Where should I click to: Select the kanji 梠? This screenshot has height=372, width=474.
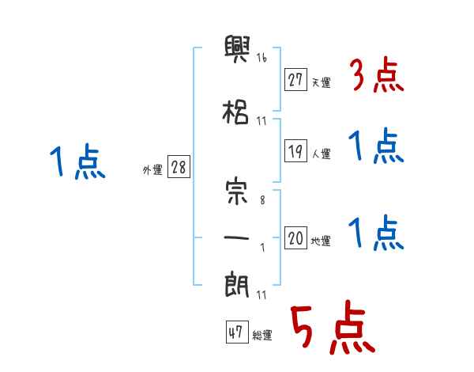click(x=237, y=112)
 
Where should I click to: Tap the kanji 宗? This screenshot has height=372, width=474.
click(x=237, y=193)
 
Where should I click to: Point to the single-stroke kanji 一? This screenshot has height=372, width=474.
click(x=237, y=236)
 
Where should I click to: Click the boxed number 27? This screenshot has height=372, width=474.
click(x=296, y=80)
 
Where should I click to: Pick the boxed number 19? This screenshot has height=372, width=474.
click(x=296, y=152)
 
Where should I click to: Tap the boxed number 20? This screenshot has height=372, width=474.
click(x=296, y=238)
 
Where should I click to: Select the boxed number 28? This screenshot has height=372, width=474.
click(x=179, y=167)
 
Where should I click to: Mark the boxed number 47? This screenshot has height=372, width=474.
click(x=235, y=333)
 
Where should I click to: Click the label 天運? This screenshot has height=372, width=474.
click(x=321, y=82)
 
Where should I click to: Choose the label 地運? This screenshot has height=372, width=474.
click(x=321, y=241)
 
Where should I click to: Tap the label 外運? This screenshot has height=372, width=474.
click(x=152, y=169)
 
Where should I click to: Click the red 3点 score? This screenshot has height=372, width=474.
click(x=376, y=75)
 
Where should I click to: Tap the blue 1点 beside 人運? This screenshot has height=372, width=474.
click(x=376, y=147)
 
